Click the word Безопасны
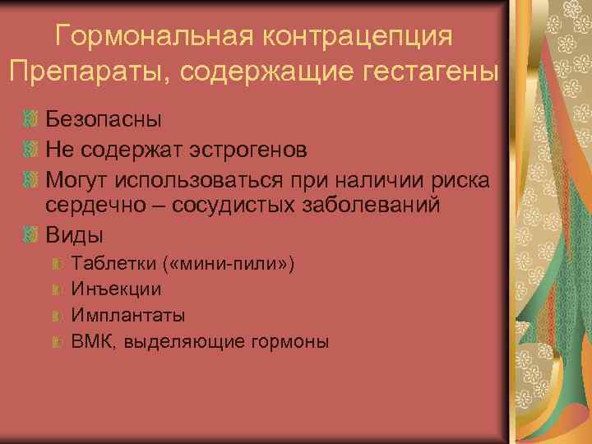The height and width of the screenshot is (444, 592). (x=104, y=119)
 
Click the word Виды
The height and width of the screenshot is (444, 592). (x=74, y=235)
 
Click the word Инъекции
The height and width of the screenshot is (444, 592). (x=116, y=290)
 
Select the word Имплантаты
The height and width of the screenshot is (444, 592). (x=128, y=316)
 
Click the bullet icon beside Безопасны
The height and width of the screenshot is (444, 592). (x=32, y=120)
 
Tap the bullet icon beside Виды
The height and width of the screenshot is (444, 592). (x=32, y=236)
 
